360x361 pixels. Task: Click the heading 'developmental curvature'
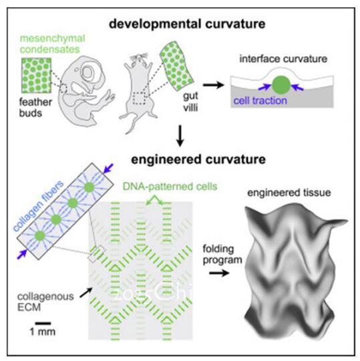coord(187,24)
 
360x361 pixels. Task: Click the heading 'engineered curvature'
coord(198,159)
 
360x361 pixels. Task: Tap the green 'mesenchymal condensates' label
coord(53,43)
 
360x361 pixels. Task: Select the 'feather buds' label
coord(35,108)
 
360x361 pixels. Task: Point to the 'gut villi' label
coord(190,102)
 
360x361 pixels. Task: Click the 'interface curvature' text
coord(283,59)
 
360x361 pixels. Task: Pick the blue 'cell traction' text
coord(260,100)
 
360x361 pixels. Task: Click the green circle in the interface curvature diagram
coord(281,85)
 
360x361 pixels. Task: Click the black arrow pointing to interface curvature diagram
coord(214,85)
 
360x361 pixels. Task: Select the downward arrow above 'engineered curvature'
coord(180,136)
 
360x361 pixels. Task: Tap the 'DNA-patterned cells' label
coord(170,187)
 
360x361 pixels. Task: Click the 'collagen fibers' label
coord(38,206)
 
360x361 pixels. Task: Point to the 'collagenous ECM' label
coord(45,302)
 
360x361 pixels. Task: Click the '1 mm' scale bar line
coord(43,324)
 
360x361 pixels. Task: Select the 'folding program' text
coord(222,255)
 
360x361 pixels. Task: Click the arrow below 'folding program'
coord(219,273)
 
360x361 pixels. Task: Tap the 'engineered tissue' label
coord(289,193)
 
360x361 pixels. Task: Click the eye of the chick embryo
coord(87,72)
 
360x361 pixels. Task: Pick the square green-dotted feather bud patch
coord(36,76)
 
